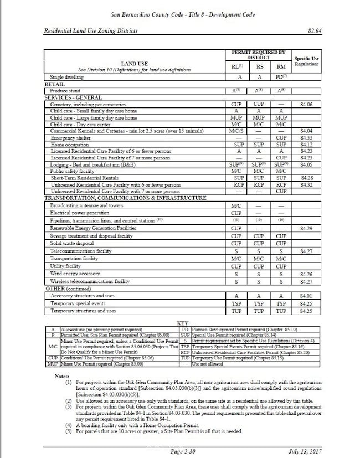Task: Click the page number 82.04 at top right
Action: pyautogui.click(x=314, y=30)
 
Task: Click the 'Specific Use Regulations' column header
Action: pyautogui.click(x=307, y=61)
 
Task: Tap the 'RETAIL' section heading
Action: pyautogui.click(x=54, y=85)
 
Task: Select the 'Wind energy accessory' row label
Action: pyautogui.click(x=74, y=274)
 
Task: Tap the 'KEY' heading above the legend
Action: pyautogui.click(x=183, y=323)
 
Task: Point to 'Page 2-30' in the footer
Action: pyautogui.click(x=182, y=452)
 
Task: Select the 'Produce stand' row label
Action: pyautogui.click(x=65, y=91)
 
